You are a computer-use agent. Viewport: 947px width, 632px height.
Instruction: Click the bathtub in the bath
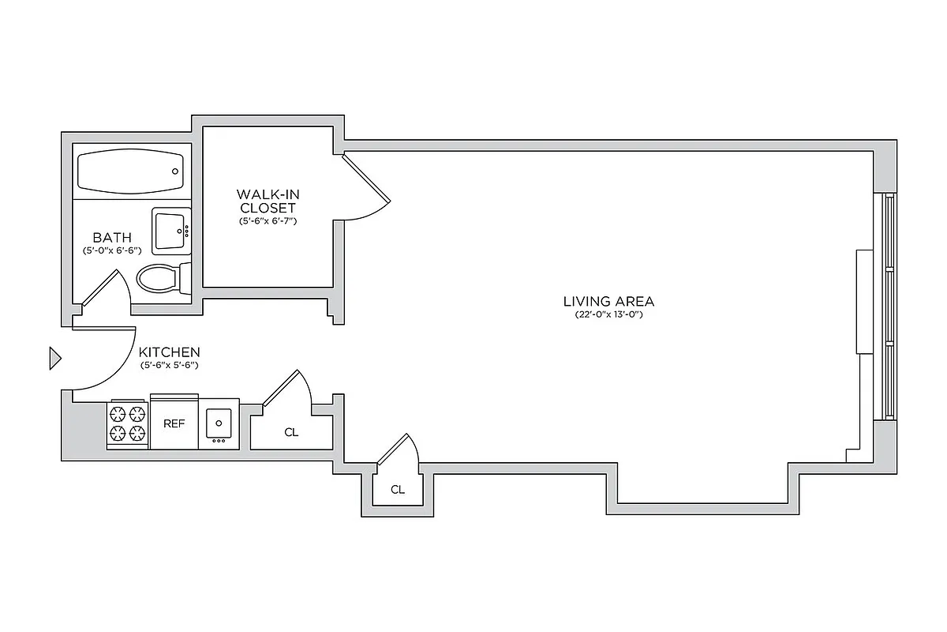131,171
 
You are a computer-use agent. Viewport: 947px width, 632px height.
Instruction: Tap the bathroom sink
171,231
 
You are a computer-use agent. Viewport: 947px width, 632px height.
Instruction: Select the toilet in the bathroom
161,278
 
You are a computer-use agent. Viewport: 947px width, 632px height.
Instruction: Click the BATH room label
112,237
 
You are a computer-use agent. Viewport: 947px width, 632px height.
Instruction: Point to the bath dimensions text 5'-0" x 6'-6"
112,250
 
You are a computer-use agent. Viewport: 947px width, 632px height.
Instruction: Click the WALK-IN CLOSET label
267,201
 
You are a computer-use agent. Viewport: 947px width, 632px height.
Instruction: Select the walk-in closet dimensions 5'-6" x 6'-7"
267,222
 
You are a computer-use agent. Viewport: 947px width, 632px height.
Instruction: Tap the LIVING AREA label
608,301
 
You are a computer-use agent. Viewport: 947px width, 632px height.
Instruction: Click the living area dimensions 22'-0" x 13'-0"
608,315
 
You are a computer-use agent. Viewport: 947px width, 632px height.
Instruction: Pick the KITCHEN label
169,352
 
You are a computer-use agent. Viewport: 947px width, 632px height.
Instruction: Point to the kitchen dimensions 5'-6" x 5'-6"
169,366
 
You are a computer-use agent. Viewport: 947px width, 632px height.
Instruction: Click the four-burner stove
128,423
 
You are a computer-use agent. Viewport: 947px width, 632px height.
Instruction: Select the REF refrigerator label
174,423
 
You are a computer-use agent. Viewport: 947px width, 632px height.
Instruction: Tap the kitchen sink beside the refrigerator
219,424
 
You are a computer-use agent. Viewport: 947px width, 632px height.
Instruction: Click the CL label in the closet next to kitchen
291,432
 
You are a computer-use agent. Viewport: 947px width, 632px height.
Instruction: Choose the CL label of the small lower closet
398,490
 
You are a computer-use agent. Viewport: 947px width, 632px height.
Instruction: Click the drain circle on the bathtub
176,171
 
